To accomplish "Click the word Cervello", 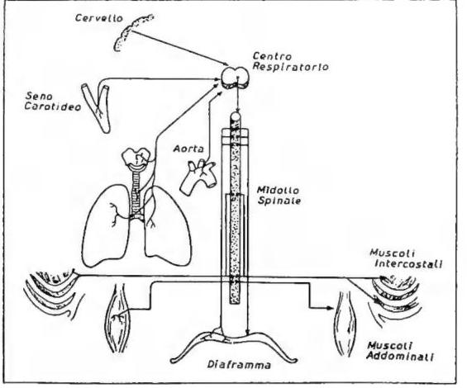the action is pyautogui.click(x=99, y=18).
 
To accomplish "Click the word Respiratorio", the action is pyautogui.click(x=290, y=66).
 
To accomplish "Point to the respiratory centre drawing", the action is pyautogui.click(x=235, y=78).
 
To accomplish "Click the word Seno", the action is pyautogui.click(x=39, y=96).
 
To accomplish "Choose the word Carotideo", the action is pyautogui.click(x=52, y=106).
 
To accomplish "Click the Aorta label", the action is pyautogui.click(x=188, y=149).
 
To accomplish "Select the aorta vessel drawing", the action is pyautogui.click(x=198, y=177).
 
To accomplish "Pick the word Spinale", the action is pyautogui.click(x=279, y=201).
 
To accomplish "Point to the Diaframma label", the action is pyautogui.click(x=239, y=365).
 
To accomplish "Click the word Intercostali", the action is pyautogui.click(x=408, y=263).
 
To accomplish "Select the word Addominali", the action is pyautogui.click(x=400, y=356).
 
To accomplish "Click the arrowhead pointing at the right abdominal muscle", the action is pyautogui.click(x=330, y=308).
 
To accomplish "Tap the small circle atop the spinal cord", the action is pyautogui.click(x=236, y=116).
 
